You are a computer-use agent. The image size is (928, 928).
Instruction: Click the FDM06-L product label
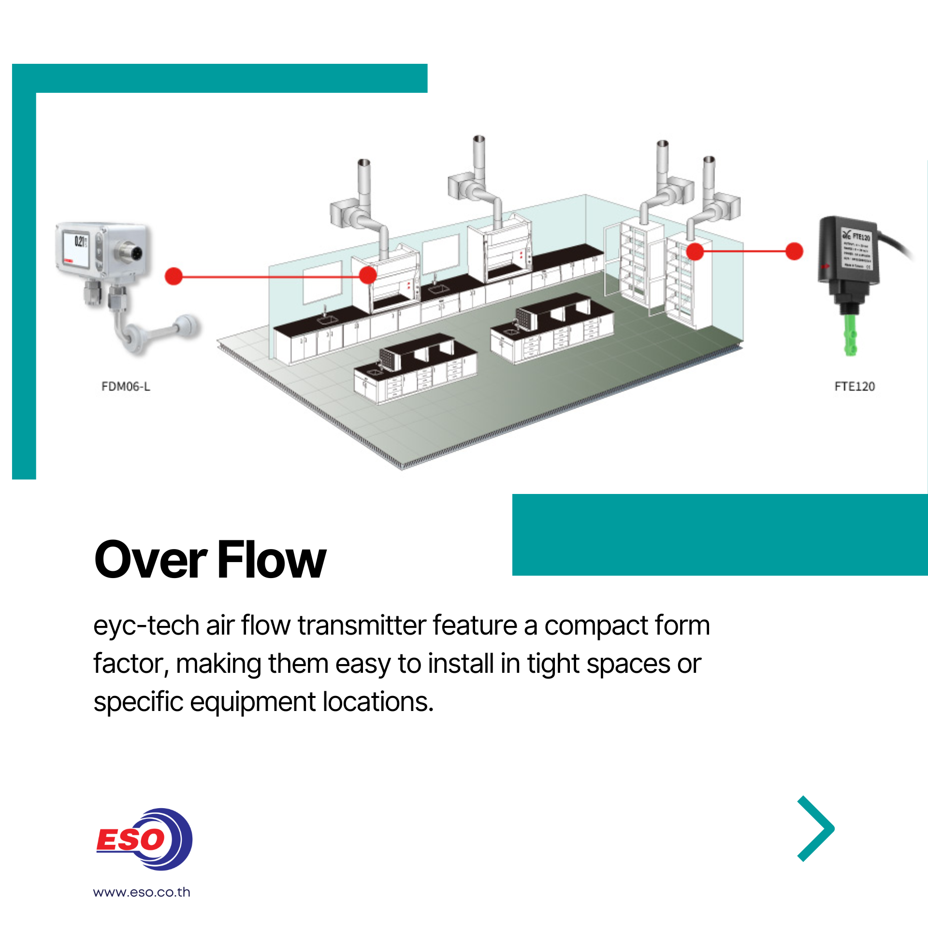(126, 387)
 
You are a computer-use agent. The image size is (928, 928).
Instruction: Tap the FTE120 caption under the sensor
(855, 387)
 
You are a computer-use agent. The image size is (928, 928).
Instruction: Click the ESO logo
(144, 840)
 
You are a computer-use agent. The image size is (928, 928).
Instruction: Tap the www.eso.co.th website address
(142, 892)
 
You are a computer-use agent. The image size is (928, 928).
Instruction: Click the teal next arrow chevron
(816, 828)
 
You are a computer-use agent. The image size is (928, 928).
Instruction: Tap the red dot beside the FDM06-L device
(174, 276)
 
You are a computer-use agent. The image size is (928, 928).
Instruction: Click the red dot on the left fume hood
(368, 275)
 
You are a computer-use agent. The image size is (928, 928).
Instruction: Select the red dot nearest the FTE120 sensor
(794, 251)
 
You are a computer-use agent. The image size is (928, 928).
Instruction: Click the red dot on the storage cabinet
(695, 251)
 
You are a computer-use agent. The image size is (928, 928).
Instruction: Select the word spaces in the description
(628, 664)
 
